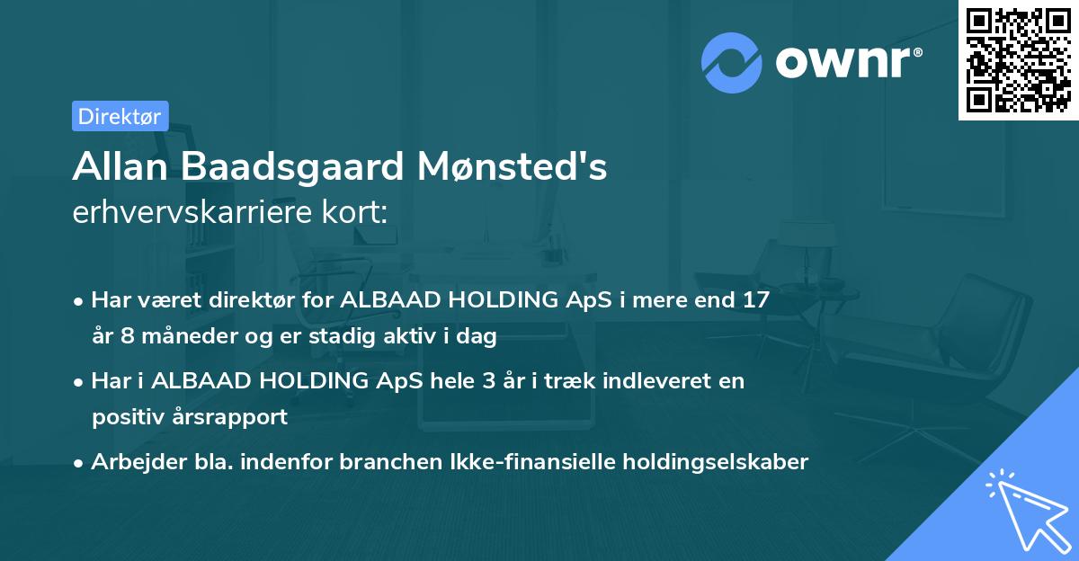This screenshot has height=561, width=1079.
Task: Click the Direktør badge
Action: point(120,116)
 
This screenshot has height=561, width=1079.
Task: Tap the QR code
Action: point(1018,60)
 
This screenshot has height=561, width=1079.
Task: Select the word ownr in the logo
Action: point(848,62)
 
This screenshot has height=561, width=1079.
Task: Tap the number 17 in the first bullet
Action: point(755,300)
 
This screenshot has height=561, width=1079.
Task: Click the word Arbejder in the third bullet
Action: point(130,462)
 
